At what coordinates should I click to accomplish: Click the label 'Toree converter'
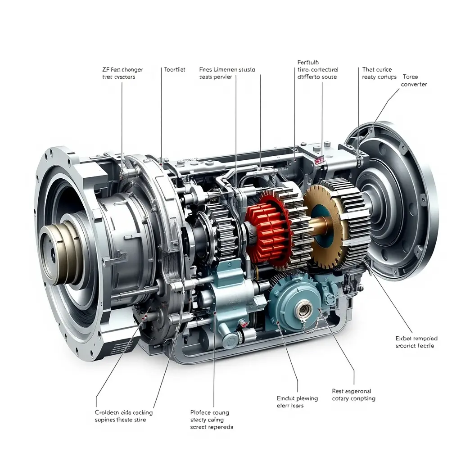click(414, 81)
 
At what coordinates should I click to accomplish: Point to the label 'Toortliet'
click(175, 70)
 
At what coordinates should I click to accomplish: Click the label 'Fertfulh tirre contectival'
click(317, 69)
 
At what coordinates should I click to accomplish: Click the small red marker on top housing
click(320, 160)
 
